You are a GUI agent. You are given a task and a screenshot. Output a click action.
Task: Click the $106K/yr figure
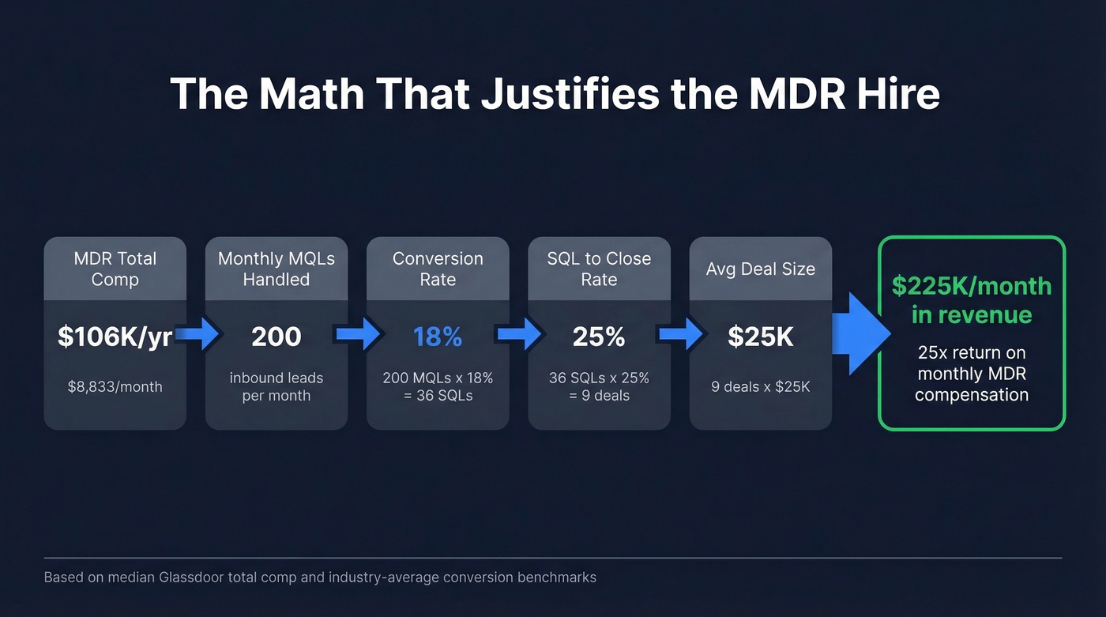coord(115,337)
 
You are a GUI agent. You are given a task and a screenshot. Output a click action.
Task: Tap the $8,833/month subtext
coord(115,386)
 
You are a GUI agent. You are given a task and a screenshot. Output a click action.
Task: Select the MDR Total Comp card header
coord(115,269)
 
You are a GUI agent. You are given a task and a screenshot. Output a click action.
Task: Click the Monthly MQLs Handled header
coord(276,269)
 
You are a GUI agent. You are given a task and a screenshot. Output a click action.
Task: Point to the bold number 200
coord(276,337)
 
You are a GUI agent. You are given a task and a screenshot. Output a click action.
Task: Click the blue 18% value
coord(438,337)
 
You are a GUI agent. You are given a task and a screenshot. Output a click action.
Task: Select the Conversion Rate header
coord(438,269)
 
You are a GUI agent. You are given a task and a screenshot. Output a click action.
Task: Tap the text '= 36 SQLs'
coord(438,396)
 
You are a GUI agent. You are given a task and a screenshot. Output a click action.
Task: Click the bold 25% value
coord(599,337)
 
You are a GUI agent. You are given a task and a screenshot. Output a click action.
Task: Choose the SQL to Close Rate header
coord(599,269)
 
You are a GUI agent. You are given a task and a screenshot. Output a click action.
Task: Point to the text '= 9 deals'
coord(599,396)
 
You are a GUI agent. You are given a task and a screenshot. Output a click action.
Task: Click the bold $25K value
coord(760,337)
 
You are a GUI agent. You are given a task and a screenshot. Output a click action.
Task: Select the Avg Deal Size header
coord(760,269)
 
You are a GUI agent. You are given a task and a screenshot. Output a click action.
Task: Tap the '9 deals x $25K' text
coord(760,387)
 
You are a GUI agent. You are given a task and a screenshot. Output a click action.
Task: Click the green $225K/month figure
coord(972,286)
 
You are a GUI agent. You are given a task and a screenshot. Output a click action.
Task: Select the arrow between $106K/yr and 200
coord(197,335)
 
